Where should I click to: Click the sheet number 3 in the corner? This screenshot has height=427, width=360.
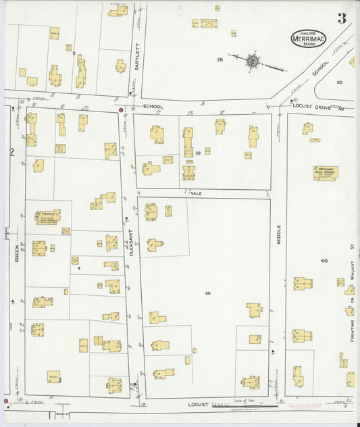342,19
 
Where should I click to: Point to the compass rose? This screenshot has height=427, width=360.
252,61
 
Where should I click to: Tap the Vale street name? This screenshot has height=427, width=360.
197,193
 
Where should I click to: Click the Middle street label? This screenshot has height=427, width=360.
278,234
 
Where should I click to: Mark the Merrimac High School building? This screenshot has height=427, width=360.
326,172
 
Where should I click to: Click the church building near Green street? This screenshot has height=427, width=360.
48,217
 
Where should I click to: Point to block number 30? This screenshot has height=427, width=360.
207,293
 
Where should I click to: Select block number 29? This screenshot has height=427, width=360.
198,154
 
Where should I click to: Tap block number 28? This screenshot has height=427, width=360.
220,60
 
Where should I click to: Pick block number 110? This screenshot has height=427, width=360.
340,82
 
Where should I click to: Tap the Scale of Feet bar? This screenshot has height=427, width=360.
245,405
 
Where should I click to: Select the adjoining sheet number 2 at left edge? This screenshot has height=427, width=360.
11,152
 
